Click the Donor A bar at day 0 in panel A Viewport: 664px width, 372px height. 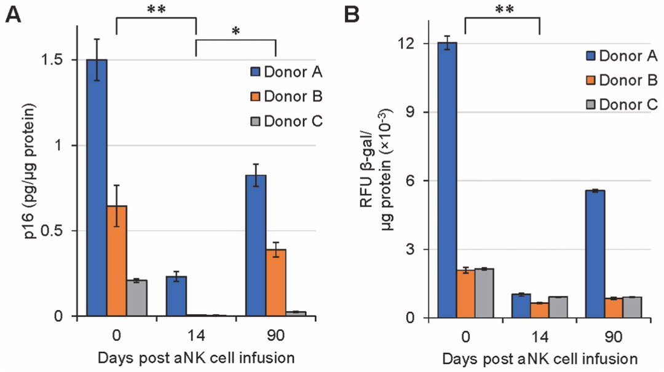pos(97,188)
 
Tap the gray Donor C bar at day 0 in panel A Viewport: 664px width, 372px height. pos(136,298)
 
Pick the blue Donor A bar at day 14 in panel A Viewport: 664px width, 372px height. pos(176,296)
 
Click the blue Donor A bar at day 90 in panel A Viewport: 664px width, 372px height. pos(256,246)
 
